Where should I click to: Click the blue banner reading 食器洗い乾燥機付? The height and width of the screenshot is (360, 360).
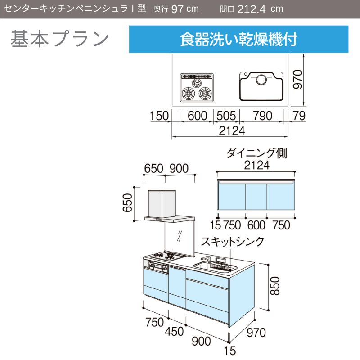pos(238,39)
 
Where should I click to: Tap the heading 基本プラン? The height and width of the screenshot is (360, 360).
pos(59,39)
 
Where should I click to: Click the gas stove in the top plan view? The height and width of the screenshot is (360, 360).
pos(197,87)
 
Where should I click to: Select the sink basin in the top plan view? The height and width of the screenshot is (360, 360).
pos(261,86)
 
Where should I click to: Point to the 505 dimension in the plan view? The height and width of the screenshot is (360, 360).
pos(226,116)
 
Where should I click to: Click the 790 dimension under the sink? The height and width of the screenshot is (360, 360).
pos(263,116)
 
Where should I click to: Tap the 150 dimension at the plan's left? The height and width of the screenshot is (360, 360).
pos(159,116)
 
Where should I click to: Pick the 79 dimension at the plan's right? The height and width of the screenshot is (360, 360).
pos(299,116)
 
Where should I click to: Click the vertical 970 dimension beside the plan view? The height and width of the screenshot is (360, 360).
pos(298,80)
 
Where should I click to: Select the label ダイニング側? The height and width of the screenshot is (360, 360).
pos(256,153)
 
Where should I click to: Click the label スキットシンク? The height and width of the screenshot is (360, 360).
pos(233,242)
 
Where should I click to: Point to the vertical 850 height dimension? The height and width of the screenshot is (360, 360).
pos(275,286)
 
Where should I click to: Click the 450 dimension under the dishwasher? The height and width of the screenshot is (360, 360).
pos(174,331)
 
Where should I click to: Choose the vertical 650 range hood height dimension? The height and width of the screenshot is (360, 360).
pos(128,203)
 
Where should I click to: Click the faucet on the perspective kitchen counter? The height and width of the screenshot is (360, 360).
pos(206,260)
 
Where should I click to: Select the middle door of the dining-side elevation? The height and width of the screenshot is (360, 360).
pos(256,197)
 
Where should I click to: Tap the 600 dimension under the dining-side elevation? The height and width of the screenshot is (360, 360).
pos(256,225)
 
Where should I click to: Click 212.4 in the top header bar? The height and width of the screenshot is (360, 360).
pos(252,9)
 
